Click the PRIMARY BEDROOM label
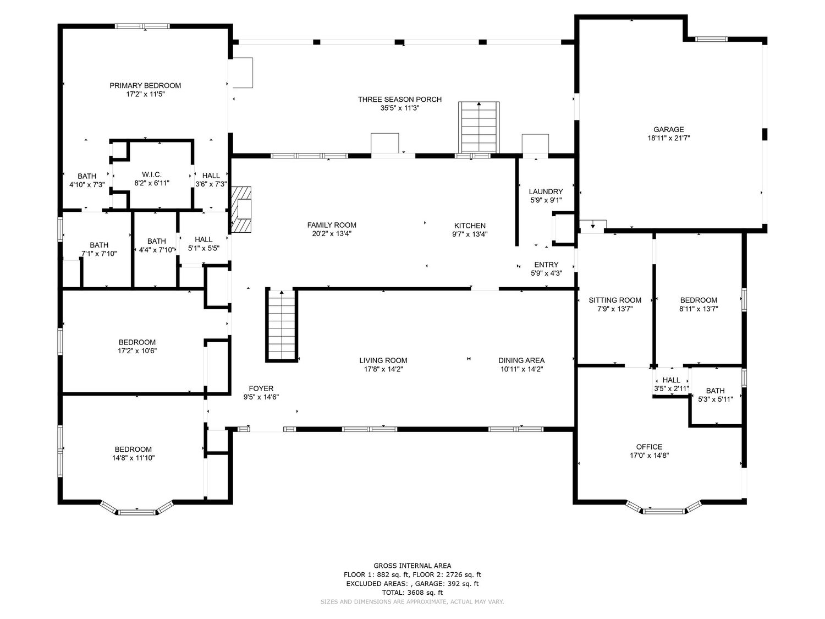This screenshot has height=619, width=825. (145, 86)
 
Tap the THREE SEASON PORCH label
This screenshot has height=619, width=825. (399, 100)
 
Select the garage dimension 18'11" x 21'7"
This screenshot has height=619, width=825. (668, 138)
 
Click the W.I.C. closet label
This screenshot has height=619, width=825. (152, 175)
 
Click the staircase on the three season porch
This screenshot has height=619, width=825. (479, 127)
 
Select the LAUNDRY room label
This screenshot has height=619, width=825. (546, 191)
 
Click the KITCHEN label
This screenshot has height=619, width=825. (470, 226)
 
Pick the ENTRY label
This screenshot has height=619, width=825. (546, 265)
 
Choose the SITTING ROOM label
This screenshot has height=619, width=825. (615, 300)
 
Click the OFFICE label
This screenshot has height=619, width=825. (649, 447)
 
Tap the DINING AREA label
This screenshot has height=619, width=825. (521, 360)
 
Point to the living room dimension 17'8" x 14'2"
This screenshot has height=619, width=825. (383, 369)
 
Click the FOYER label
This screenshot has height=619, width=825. (261, 388)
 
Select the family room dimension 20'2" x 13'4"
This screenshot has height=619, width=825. (332, 234)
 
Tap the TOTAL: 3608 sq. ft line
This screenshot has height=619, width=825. (413, 593)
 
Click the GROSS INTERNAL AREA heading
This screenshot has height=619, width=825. (413, 566)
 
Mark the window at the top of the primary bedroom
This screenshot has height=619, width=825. (142, 26)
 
